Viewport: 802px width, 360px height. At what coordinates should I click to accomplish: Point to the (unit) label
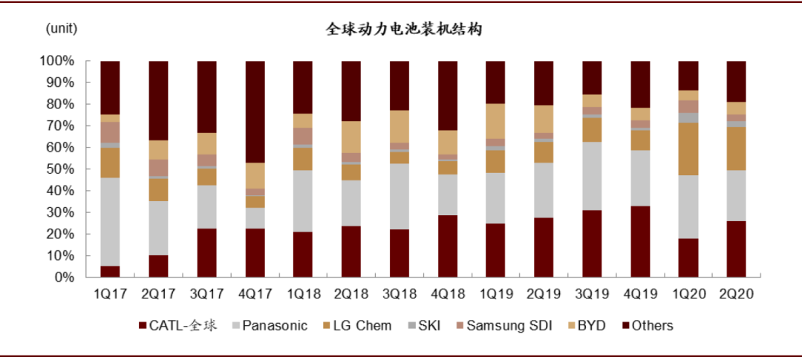click(62, 28)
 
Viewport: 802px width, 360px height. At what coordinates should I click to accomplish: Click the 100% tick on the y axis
click(57, 60)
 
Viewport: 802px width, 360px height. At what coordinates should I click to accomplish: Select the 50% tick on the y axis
click(60, 169)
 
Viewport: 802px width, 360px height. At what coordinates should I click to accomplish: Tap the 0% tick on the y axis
click(63, 278)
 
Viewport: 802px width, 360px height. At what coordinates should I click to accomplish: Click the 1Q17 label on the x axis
click(110, 294)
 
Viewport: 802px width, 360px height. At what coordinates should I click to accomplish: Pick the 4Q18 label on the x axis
click(448, 294)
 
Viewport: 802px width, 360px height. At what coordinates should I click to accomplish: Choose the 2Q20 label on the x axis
click(736, 294)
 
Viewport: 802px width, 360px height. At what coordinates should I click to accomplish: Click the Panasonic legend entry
click(274, 326)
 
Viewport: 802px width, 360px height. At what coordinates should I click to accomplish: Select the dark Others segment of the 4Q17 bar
click(255, 111)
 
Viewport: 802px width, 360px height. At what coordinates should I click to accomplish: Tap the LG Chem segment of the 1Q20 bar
click(688, 148)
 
